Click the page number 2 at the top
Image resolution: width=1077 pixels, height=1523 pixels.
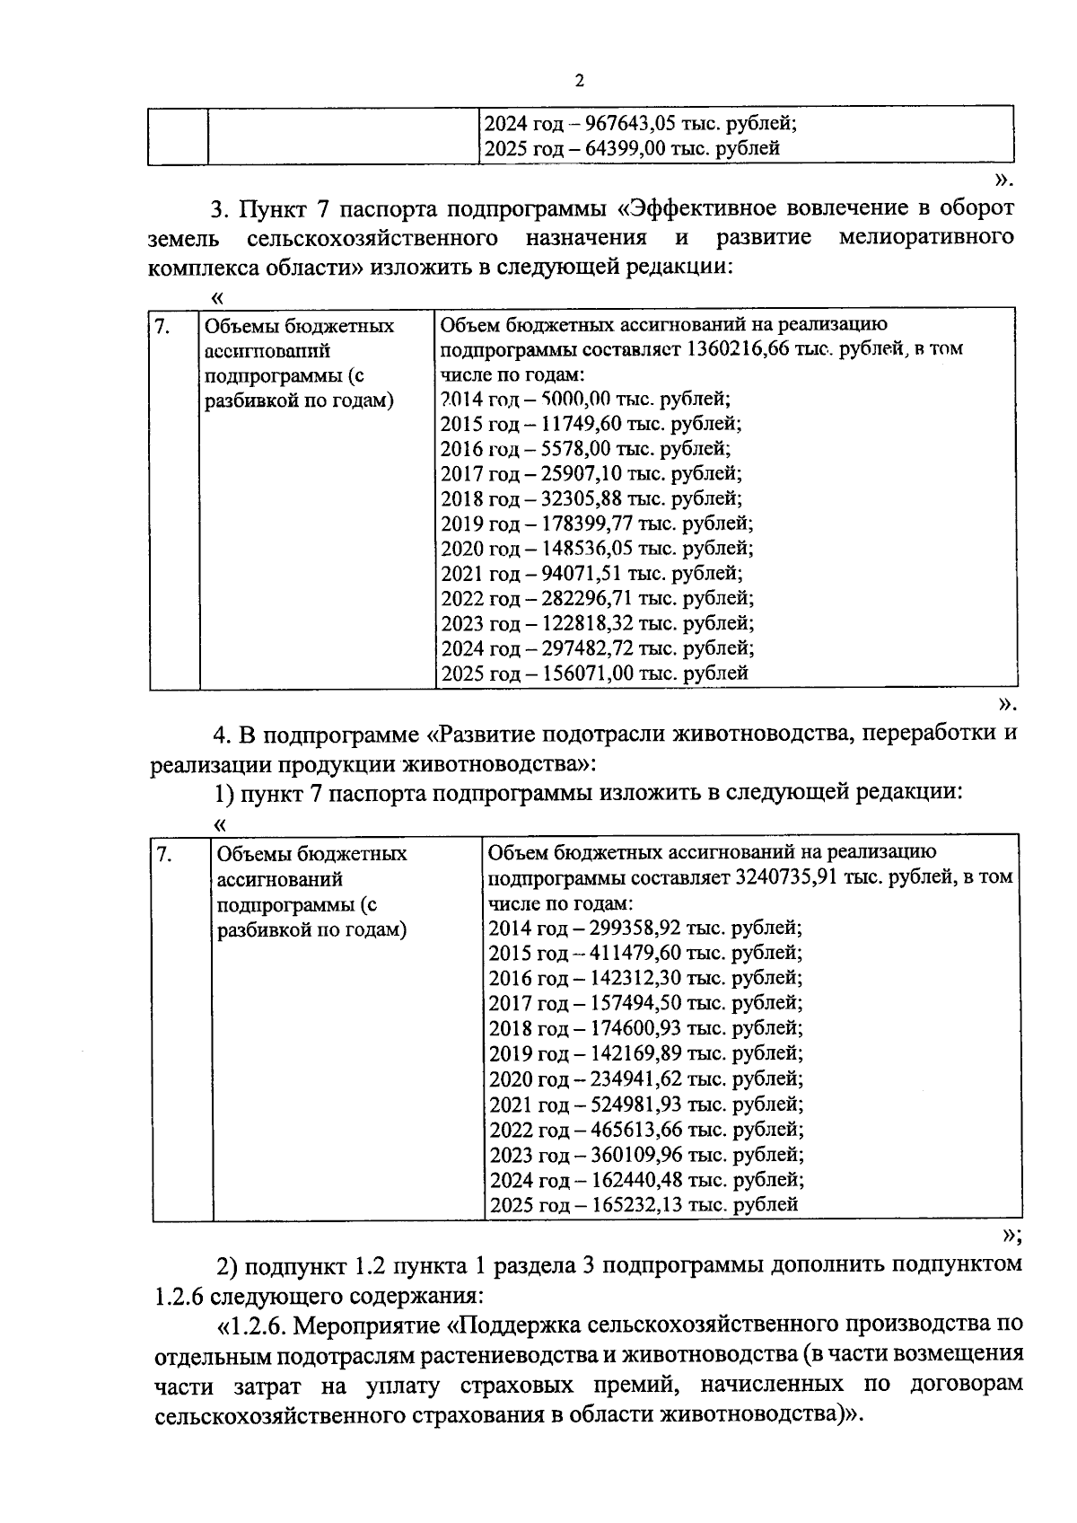point(579,82)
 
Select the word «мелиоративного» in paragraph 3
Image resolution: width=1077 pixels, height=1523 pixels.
point(927,238)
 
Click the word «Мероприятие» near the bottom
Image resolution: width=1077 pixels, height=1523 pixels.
point(370,1325)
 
